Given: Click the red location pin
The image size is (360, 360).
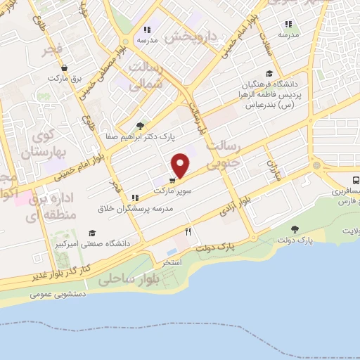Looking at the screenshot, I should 181,165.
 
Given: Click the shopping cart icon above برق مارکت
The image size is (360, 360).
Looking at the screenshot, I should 65,68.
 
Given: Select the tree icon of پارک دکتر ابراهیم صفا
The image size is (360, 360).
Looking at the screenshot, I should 140,126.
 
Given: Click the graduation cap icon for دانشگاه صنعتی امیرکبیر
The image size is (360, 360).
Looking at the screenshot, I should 92,233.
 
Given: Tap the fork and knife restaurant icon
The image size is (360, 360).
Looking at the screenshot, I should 188,231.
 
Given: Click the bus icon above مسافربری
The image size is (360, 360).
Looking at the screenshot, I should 355,179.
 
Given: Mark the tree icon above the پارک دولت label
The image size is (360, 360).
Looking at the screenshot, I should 294,229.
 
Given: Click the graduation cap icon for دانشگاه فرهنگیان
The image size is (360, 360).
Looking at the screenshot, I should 269,74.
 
